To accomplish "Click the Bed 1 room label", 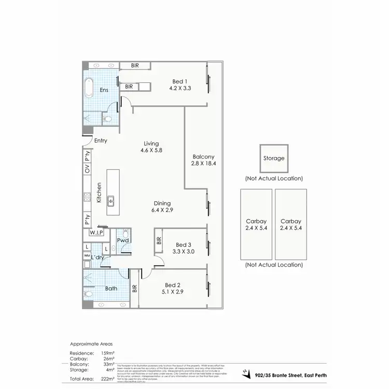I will pos(180,85).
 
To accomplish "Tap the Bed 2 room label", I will pos(173,288).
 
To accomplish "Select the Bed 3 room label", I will pos(184,248).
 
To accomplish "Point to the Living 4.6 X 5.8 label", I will pos(152,147).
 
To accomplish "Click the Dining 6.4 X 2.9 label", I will pos(162,207).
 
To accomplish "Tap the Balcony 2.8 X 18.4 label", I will pos(203,160).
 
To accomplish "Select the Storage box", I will pos(273,158).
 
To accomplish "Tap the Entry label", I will pos(101,141).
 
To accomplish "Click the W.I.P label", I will pos(96,233).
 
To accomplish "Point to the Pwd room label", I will pos(123,241).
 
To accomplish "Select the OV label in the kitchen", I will pos(87,170).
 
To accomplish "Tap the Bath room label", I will pos(111,288).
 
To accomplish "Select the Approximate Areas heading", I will pos(91,344).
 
